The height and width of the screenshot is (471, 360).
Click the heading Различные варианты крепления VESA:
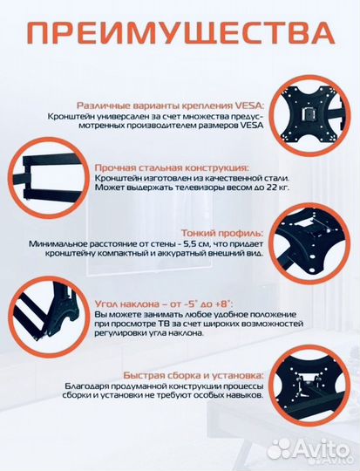pyautogui.click(x=175, y=103)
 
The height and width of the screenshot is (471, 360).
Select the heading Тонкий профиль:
pyautogui.click(x=222, y=233)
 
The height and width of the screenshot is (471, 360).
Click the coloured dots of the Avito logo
pyautogui.click(x=281, y=448)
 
